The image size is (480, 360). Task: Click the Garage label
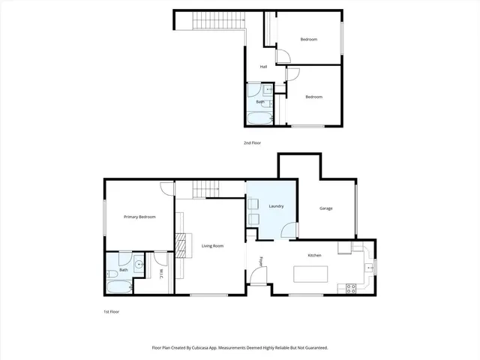click(325, 208)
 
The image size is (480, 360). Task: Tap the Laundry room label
click(275, 205)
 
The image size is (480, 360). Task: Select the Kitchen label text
click(314, 255)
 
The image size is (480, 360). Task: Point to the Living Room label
click(212, 246)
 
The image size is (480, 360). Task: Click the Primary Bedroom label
click(139, 217)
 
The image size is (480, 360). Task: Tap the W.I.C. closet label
click(160, 274)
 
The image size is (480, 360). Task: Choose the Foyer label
click(262, 262)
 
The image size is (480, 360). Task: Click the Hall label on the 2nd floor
click(264, 67)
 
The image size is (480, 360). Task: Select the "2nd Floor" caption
click(252, 142)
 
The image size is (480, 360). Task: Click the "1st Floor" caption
click(112, 310)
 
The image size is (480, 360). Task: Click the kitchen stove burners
click(350, 287)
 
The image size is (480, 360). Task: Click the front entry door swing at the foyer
click(257, 278)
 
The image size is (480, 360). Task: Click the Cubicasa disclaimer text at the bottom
click(240, 348)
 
